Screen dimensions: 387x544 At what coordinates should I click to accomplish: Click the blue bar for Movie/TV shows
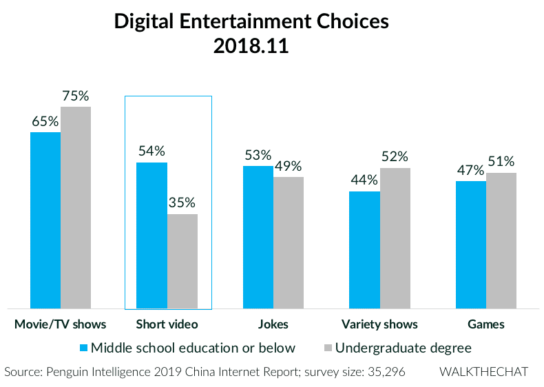pos(45,220)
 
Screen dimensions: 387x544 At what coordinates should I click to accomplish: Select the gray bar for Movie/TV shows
pos(76,207)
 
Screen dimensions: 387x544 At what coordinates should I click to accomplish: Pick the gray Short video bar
pos(182,261)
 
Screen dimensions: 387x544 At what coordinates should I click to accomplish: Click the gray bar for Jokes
pos(289,242)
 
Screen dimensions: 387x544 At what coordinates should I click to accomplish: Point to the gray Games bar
pos(501,240)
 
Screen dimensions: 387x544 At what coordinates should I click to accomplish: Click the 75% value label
pos(75,96)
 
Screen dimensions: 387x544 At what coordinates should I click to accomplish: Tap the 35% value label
pos(182,203)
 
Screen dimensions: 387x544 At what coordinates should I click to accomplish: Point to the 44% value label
pos(364,180)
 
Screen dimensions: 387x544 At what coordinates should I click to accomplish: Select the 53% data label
pos(258,155)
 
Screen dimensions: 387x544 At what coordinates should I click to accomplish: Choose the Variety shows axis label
pos(379,324)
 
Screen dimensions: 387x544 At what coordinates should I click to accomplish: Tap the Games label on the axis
pos(485,324)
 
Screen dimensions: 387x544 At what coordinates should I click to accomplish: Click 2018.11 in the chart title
pos(251,47)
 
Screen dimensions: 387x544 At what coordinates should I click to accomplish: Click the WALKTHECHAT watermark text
pos(484,372)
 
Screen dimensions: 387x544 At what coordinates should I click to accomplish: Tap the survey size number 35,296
pos(384,372)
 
